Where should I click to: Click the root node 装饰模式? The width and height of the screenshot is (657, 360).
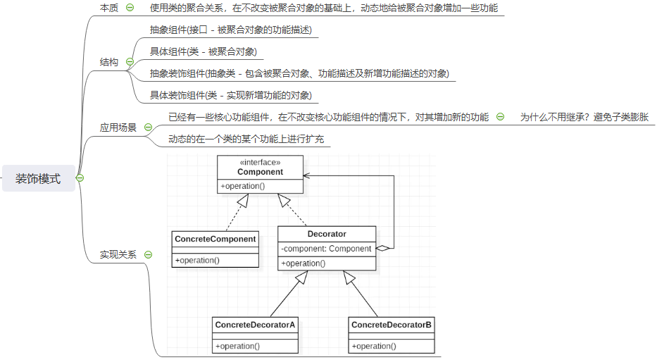(x=38, y=178)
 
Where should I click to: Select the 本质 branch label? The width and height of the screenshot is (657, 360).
(x=109, y=8)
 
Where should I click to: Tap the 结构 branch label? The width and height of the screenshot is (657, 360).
(x=109, y=62)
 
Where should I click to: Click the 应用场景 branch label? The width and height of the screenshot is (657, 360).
(x=118, y=128)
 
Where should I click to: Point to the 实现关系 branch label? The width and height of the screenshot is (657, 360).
(x=118, y=254)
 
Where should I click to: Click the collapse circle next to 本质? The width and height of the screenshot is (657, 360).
(x=130, y=8)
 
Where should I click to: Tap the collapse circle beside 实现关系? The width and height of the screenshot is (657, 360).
(x=148, y=254)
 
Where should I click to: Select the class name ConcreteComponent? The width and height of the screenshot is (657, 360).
(x=215, y=239)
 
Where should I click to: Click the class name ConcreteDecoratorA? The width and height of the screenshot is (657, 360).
(x=255, y=325)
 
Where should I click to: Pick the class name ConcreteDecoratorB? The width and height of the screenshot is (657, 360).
(x=392, y=325)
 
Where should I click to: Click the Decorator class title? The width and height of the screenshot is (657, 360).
(x=327, y=234)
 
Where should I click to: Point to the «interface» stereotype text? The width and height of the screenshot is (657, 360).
(x=260, y=163)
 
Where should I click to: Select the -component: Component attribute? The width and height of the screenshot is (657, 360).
(x=326, y=249)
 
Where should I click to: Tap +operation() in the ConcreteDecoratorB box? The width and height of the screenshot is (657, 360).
(x=374, y=346)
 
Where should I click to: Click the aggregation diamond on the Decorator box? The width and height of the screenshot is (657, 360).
(x=382, y=248)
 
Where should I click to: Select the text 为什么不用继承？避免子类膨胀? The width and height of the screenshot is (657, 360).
(x=584, y=118)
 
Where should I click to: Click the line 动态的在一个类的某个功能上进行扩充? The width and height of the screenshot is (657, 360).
(x=246, y=139)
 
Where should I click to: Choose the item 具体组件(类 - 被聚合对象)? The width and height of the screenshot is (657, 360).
(x=203, y=51)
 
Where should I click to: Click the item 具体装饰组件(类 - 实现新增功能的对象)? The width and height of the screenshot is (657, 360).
(x=230, y=95)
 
